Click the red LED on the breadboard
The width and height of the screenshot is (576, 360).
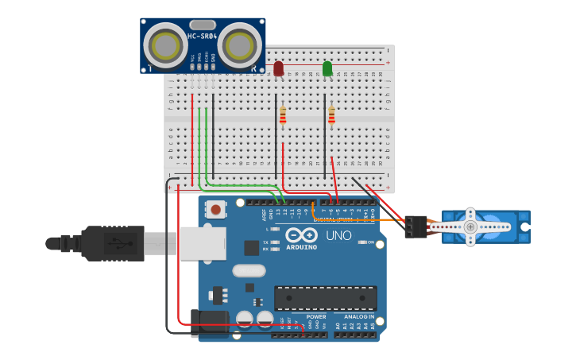tap(278, 69)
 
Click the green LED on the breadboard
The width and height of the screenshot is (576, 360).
tap(327, 69)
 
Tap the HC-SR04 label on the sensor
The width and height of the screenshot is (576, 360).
tap(203, 37)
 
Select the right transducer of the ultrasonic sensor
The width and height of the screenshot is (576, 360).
tap(239, 46)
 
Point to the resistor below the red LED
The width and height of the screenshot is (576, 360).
tap(282, 116)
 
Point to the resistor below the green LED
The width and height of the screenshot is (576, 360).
tap(331, 116)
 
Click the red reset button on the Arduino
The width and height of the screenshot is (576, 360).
tap(215, 210)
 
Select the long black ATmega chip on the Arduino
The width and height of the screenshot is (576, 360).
tap(326, 298)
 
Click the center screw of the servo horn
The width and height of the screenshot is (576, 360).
tap(470, 226)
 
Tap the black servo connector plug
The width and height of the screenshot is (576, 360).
tap(416, 226)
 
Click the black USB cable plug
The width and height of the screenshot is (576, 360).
tap(111, 243)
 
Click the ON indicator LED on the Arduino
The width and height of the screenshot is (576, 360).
tap(361, 242)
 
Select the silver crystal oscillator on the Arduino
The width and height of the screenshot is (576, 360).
tap(249, 270)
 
